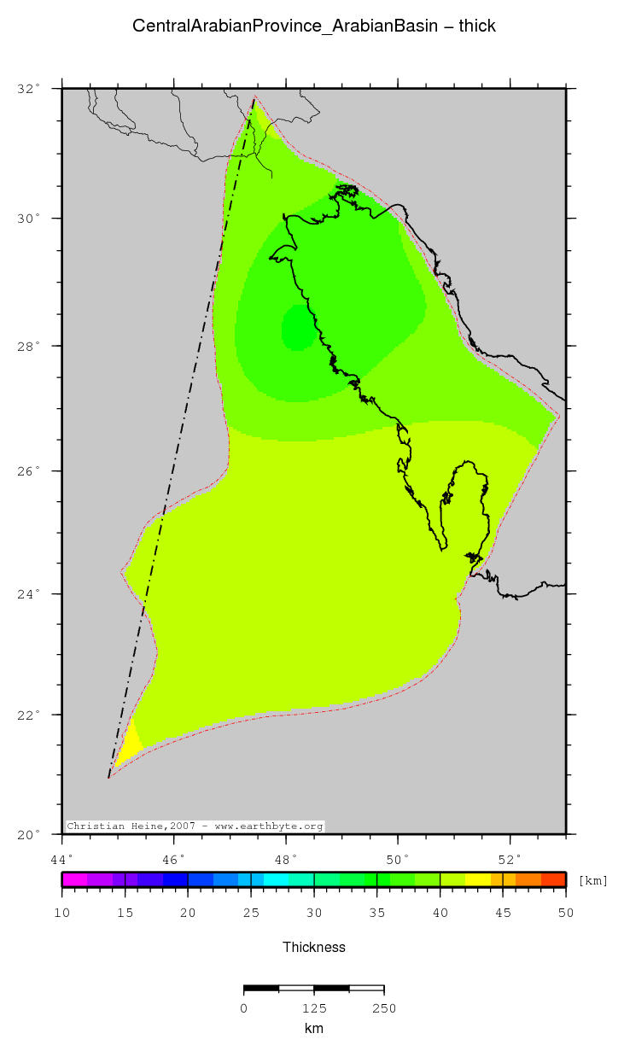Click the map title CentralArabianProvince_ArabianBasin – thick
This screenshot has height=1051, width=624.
point(313,26)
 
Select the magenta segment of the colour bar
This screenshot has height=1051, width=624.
point(74,879)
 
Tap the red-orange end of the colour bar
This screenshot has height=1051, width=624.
point(554,879)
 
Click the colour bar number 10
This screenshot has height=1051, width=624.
point(62,914)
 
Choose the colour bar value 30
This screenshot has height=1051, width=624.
point(314,914)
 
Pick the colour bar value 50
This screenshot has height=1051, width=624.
point(565,914)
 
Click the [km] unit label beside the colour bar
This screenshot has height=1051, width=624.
point(593,880)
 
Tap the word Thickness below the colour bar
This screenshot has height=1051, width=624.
point(314,947)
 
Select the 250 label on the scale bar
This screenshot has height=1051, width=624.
point(383,1008)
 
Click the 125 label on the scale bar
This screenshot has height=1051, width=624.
point(314,1008)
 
